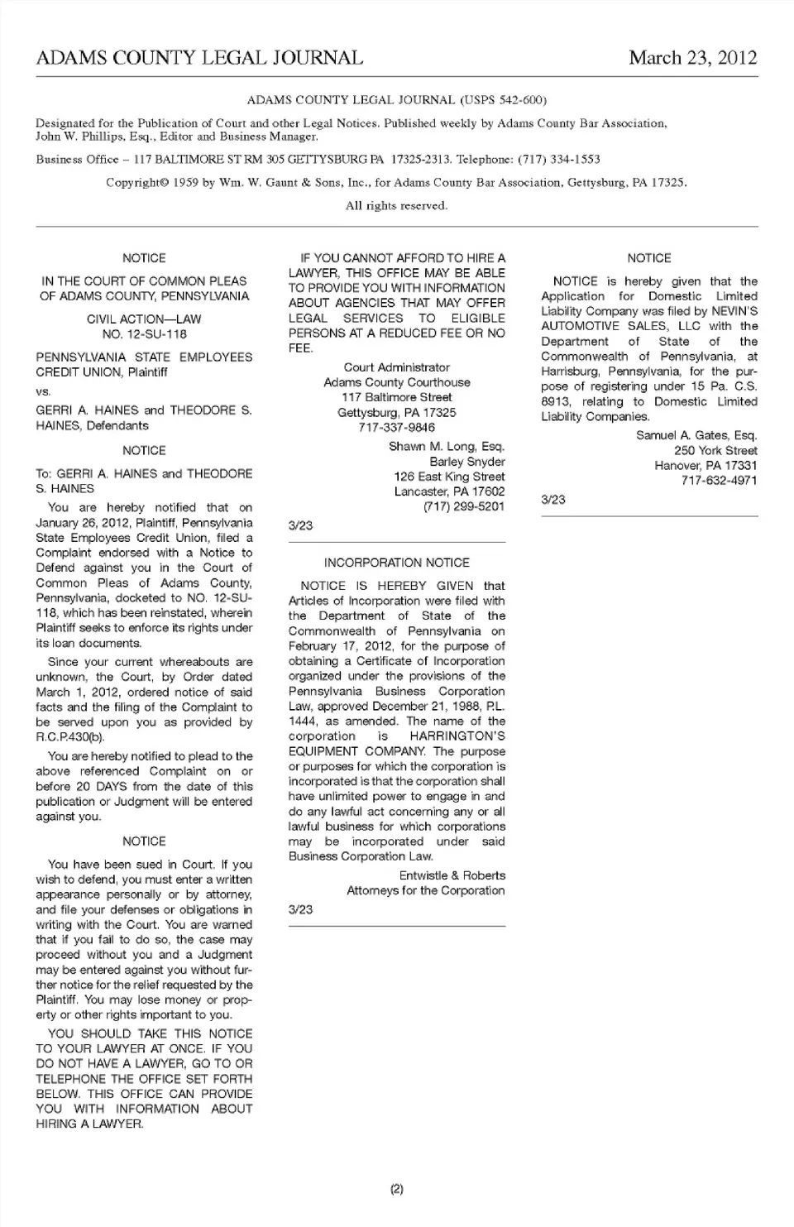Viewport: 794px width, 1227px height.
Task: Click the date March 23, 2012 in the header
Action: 692,57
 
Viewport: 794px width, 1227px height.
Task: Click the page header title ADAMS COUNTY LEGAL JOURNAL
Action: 199,57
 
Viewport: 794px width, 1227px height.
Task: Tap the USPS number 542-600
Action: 521,100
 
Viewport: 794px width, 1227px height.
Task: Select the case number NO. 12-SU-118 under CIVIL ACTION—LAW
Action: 144,334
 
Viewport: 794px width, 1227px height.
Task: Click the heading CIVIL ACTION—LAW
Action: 144,319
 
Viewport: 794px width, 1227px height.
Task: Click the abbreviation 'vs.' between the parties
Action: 43,391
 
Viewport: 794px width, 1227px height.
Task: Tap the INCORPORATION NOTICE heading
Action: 396,563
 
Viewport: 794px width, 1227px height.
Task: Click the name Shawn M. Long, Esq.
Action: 447,447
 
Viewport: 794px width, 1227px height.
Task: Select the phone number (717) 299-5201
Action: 464,506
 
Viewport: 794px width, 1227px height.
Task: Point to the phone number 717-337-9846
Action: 396,427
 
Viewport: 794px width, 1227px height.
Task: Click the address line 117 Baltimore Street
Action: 396,397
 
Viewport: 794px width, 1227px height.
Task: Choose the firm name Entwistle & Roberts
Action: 452,875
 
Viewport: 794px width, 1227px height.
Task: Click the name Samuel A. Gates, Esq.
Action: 696,435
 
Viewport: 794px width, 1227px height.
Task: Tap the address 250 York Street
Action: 715,450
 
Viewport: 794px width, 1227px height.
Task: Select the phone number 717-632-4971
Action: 719,480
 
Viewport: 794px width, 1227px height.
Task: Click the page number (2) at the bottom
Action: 396,1189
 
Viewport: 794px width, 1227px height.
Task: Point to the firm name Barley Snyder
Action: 467,462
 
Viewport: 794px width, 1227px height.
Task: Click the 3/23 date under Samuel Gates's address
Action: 553,500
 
